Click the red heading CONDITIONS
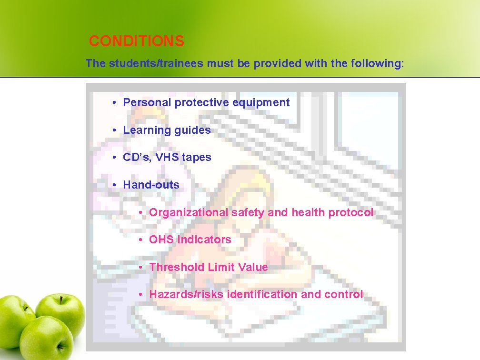136,41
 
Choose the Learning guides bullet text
167,130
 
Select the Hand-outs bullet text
151,185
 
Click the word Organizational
189,212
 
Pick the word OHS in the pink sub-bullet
161,240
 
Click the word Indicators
204,240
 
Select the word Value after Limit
253,267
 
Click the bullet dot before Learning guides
115,130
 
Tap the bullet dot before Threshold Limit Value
141,267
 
